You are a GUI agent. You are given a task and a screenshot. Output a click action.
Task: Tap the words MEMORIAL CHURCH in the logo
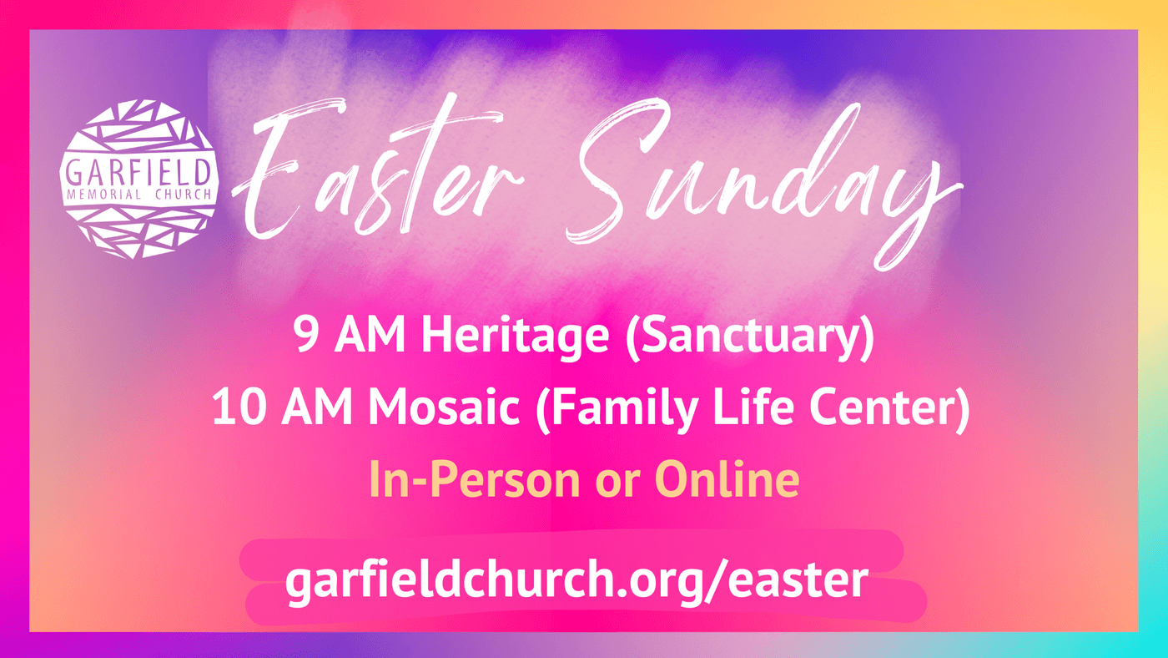click(x=139, y=195)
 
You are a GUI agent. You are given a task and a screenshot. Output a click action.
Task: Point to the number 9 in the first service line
click(x=306, y=335)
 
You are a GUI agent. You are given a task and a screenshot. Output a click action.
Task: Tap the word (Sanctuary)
click(x=750, y=337)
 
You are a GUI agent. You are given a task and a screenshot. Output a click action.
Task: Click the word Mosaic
click(x=444, y=407)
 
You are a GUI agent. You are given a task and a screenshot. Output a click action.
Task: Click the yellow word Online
click(x=727, y=479)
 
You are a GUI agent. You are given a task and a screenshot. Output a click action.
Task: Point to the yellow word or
click(x=617, y=484)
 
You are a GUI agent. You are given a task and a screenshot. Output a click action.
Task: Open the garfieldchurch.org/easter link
click(x=576, y=581)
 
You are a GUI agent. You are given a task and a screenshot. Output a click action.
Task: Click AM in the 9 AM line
click(x=370, y=335)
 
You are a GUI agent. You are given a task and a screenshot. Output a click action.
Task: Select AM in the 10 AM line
click(x=317, y=407)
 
